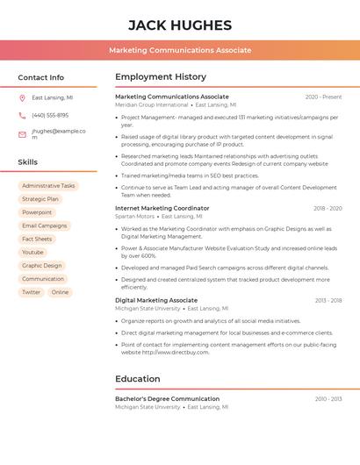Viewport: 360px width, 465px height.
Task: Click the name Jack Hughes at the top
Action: tap(180, 25)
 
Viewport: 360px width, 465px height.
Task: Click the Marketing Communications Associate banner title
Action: tap(180, 50)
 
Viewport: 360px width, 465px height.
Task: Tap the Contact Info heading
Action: tap(41, 77)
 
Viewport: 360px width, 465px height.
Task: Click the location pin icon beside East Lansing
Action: tap(22, 98)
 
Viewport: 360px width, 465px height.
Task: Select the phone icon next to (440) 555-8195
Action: tap(22, 116)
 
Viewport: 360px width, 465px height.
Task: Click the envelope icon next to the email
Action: tap(22, 134)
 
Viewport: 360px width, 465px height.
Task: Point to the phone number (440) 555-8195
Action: tap(50, 116)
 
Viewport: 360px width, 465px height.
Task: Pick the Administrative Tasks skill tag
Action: tap(48, 186)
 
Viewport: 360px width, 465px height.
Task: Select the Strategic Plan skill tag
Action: tap(40, 199)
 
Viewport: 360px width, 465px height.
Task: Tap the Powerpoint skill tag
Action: tap(37, 212)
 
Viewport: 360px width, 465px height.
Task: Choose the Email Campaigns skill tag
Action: tap(45, 225)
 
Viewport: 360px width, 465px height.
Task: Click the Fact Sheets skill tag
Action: tap(37, 239)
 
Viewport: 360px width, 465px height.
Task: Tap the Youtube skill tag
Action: tap(32, 252)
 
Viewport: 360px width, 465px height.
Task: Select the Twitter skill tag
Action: tap(32, 292)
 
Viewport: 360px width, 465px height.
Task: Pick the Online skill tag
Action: tap(60, 292)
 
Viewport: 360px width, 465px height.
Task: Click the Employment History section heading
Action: tap(161, 77)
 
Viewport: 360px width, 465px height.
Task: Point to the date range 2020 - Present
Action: tap(323, 97)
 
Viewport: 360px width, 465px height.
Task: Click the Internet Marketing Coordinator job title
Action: tap(162, 209)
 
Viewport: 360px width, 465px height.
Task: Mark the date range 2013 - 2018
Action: tap(328, 301)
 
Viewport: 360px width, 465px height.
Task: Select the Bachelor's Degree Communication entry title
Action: tap(167, 399)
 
